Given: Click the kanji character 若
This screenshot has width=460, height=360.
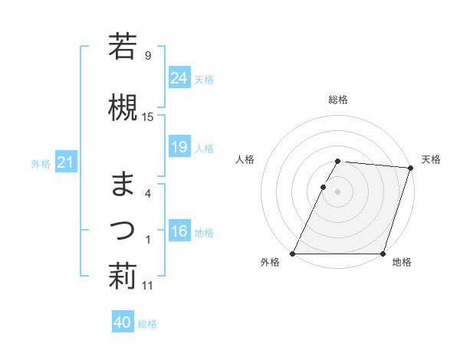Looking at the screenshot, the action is coord(123,46).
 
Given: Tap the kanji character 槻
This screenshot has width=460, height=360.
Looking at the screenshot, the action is coord(123,107).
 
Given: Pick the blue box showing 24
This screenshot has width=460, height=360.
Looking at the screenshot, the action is coord(179,78).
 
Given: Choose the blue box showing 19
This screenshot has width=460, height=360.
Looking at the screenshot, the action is coord(179,148).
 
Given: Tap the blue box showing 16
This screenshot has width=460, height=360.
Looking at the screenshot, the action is coord(179,232).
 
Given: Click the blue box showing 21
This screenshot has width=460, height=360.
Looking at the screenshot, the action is coord(65,163).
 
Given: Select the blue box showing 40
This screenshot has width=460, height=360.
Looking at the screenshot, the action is coord(123,322).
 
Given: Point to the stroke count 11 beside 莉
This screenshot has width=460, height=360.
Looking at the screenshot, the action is coord(148,286).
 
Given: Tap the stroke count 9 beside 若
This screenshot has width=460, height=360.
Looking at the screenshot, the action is coord(147,55).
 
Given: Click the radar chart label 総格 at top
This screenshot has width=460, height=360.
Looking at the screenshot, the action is coord(338,100).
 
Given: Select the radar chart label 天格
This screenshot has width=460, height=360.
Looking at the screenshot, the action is coord(431,159).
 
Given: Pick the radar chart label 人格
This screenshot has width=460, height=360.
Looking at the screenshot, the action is coord(245,159).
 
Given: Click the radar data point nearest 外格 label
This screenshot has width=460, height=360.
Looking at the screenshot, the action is coord(293,254).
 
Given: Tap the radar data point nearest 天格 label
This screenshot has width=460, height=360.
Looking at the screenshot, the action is coord(410,168).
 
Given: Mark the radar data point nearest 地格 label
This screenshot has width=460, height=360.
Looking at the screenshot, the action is coord(383,254).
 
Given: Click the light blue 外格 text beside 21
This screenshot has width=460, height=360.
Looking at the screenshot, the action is coord(41,163).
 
